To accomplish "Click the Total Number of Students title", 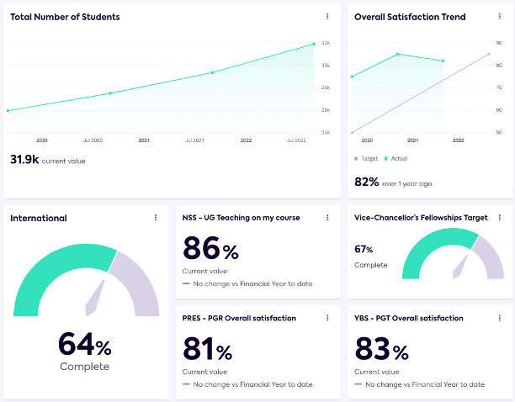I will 65,17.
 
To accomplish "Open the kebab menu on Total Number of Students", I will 327,16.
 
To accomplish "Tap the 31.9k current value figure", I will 24,159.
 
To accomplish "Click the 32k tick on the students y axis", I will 325,43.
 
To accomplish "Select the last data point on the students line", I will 314,44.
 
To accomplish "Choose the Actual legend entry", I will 397,158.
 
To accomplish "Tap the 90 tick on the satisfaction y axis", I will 499,43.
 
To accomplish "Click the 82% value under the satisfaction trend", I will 367,182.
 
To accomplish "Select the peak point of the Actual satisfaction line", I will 398,54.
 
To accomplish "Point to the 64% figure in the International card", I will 84,345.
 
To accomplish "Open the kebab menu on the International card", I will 156,218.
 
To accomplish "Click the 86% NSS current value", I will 210,249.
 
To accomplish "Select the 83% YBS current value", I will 380,350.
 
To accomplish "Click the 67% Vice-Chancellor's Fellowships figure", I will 364,249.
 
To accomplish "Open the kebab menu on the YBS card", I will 499,319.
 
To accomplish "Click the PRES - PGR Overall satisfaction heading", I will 239,319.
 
